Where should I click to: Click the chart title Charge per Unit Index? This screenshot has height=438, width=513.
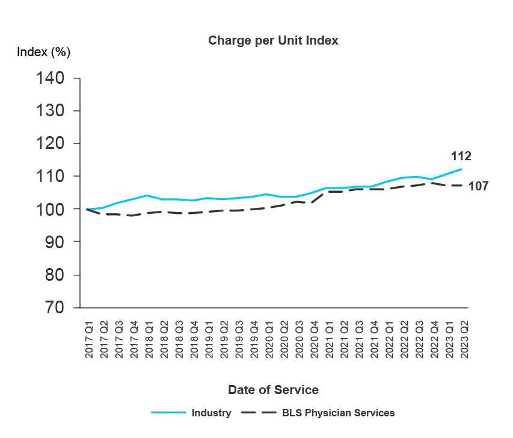click(x=273, y=41)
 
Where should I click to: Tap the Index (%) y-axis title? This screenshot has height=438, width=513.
click(x=44, y=52)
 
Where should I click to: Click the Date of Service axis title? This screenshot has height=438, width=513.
click(x=273, y=390)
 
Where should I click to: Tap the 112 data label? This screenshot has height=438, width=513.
click(x=461, y=157)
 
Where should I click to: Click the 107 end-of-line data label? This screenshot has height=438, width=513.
click(x=478, y=186)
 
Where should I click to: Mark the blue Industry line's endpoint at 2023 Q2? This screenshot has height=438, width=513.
click(x=462, y=169)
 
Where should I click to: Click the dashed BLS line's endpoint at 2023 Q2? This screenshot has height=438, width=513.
click(x=462, y=186)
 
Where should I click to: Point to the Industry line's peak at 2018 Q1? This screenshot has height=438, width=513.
click(x=147, y=195)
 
